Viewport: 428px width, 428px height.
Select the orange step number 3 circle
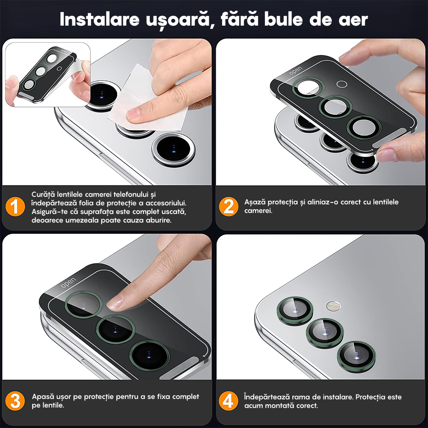coord(15,401)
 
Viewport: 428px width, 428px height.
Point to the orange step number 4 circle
coord(229,401)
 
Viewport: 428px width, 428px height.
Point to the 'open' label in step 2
coord(296,71)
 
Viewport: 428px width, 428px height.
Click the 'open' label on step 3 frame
coord(68,282)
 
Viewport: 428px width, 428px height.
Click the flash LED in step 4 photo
coord(334,306)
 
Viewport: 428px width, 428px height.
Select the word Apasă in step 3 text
coord(43,397)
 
